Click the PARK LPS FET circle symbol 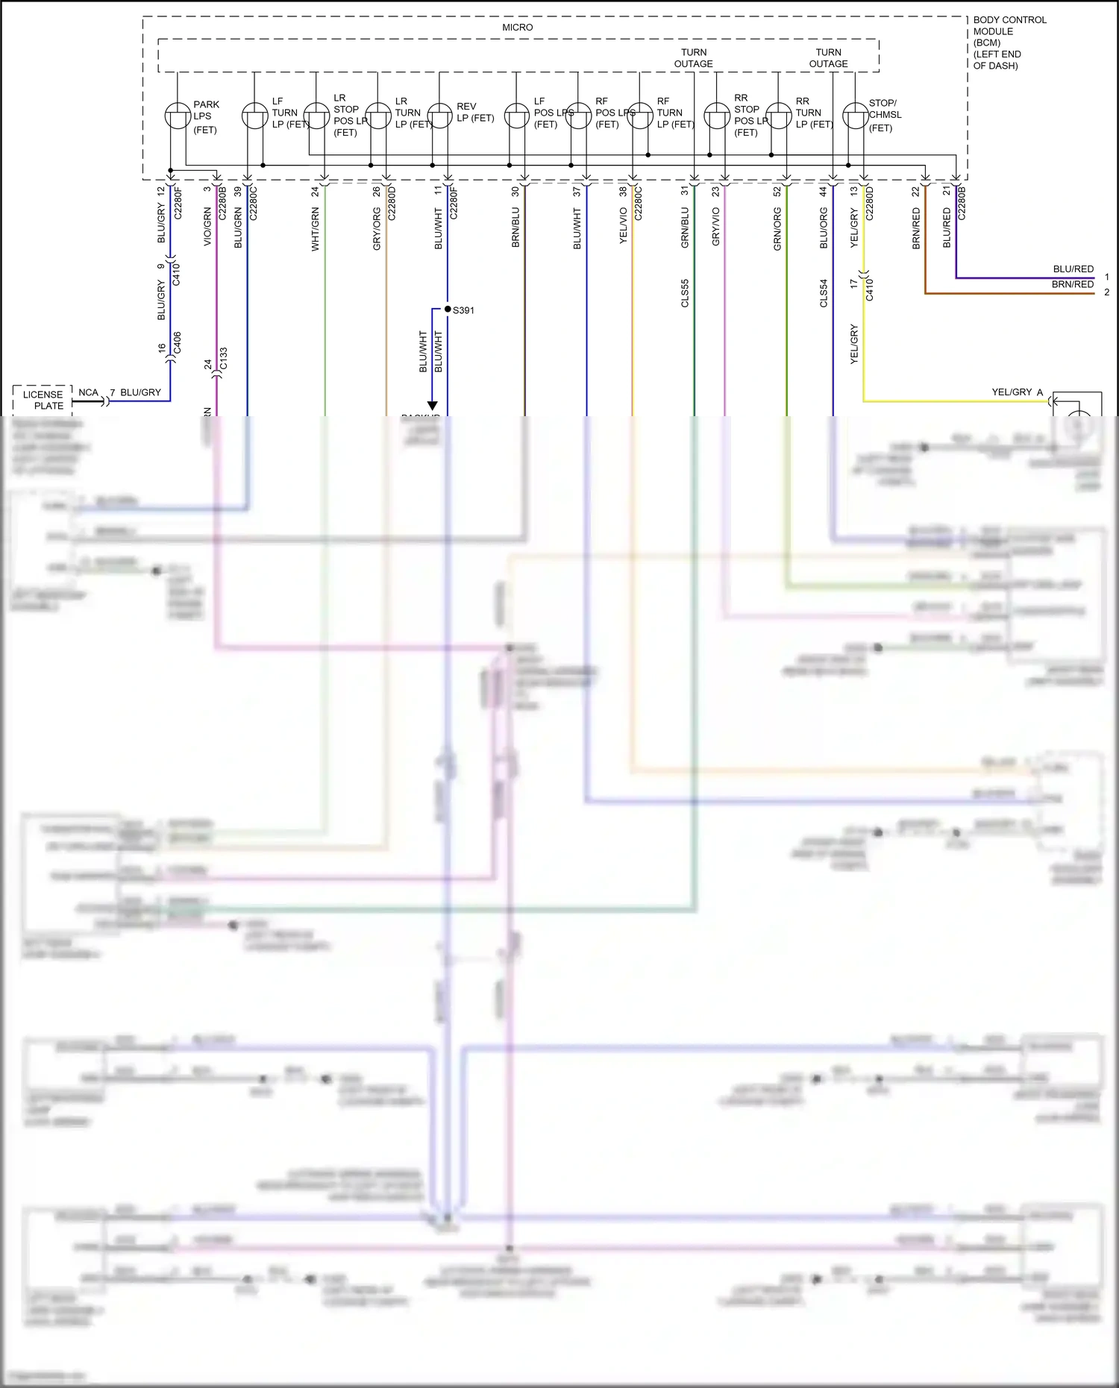pos(178,116)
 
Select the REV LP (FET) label pos(475,113)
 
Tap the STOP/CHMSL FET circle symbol pos(855,116)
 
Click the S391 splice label pos(463,310)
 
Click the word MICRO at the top pos(517,28)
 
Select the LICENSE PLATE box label pos(43,400)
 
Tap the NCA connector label pos(88,392)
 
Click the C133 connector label pos(224,359)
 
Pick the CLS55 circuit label pos(685,293)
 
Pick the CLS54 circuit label pos(824,293)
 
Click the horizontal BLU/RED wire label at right pos(1073,269)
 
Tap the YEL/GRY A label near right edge pos(1017,392)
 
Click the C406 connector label pos(178,342)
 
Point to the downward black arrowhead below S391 pos(432,406)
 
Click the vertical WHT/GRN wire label pos(316,229)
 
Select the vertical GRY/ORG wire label pos(377,229)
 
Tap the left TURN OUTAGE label pos(693,58)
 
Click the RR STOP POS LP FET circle pos(717,116)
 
